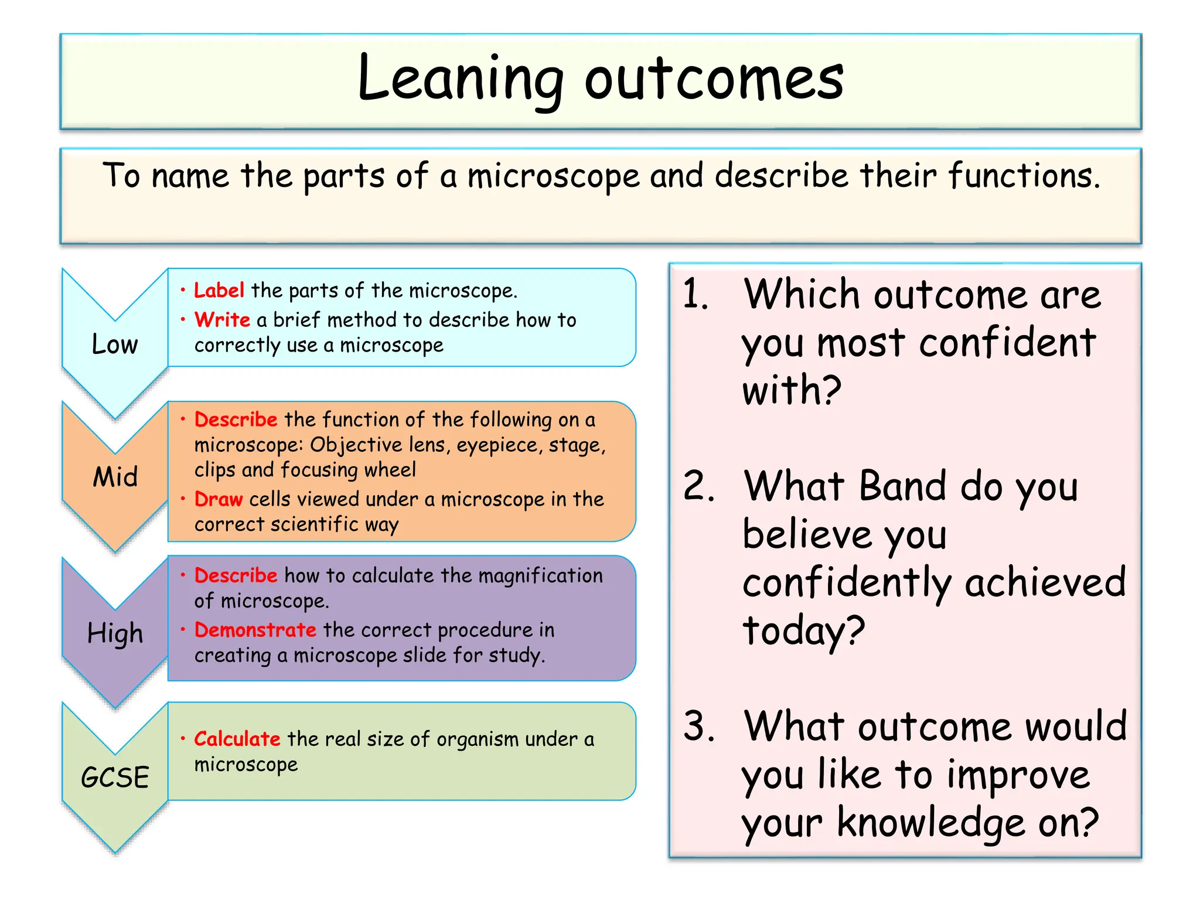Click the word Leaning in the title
tap(460, 79)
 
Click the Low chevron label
tap(115, 344)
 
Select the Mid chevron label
tap(115, 476)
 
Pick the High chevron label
tap(115, 633)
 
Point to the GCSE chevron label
tap(115, 778)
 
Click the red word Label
tap(219, 290)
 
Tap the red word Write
tap(222, 319)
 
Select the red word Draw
tap(218, 499)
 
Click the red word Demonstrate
tap(255, 629)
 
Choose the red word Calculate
tap(237, 738)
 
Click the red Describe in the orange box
tap(236, 419)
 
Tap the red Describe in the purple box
tap(236, 575)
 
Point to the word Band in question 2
tap(902, 486)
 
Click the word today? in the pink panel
tap(803, 630)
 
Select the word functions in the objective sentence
tap(1024, 175)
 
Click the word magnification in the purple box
tap(540, 576)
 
